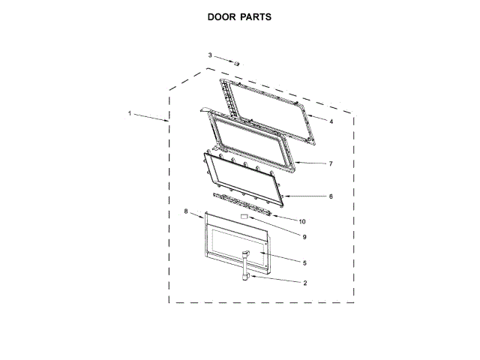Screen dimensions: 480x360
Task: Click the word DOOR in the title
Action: (x=223, y=16)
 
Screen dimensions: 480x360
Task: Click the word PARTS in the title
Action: (x=256, y=16)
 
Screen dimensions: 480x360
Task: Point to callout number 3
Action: (x=211, y=55)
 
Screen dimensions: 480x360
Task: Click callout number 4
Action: (x=331, y=120)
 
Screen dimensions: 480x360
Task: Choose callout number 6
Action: (x=330, y=196)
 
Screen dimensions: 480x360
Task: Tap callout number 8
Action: (x=186, y=212)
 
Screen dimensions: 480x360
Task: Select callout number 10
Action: (x=302, y=221)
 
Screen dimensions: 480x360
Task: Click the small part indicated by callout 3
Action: (x=235, y=64)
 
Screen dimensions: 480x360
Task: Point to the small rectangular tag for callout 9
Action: (x=243, y=216)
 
